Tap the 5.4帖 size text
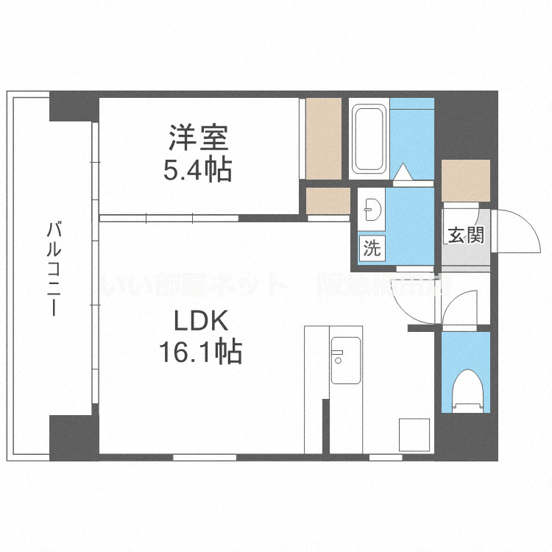coord(197,171)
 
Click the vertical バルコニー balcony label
coord(53,269)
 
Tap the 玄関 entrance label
coord(465,236)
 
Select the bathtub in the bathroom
coord(369,139)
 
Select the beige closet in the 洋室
coord(323,138)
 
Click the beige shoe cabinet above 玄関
coord(466,180)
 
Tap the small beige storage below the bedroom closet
coord(328,200)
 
